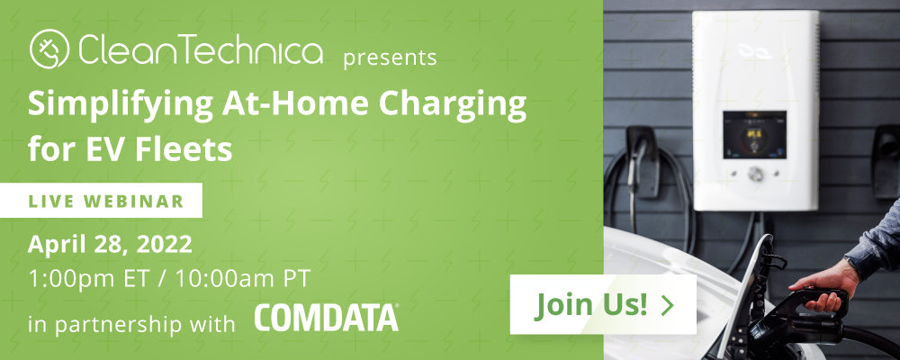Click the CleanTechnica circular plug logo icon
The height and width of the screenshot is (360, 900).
coord(49,49)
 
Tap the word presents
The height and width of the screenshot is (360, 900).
coord(391,58)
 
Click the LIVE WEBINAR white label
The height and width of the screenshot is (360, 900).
coord(101,201)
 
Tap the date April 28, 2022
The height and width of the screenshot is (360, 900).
coord(110,246)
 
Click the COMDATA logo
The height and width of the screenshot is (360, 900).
coord(327,318)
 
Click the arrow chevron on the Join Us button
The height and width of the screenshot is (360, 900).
coord(668,305)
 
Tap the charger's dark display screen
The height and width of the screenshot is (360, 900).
coord(754,135)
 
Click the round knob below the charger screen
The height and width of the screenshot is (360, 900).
coord(755,173)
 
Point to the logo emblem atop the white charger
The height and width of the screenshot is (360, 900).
coord(755,51)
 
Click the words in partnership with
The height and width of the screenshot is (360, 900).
coord(131,324)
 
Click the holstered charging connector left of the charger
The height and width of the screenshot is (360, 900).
coord(641,161)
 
